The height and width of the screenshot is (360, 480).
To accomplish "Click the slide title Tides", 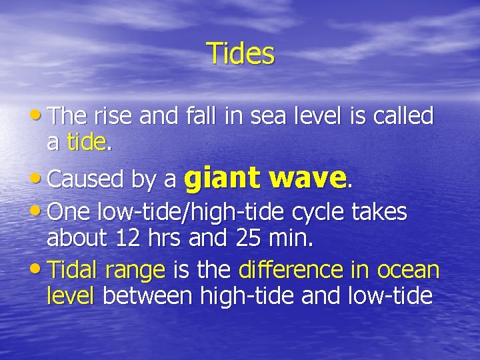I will point(240,53).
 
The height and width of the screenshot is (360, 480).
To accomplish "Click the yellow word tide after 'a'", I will point(86,141).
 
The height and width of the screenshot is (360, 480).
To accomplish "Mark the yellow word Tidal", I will point(73,270).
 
